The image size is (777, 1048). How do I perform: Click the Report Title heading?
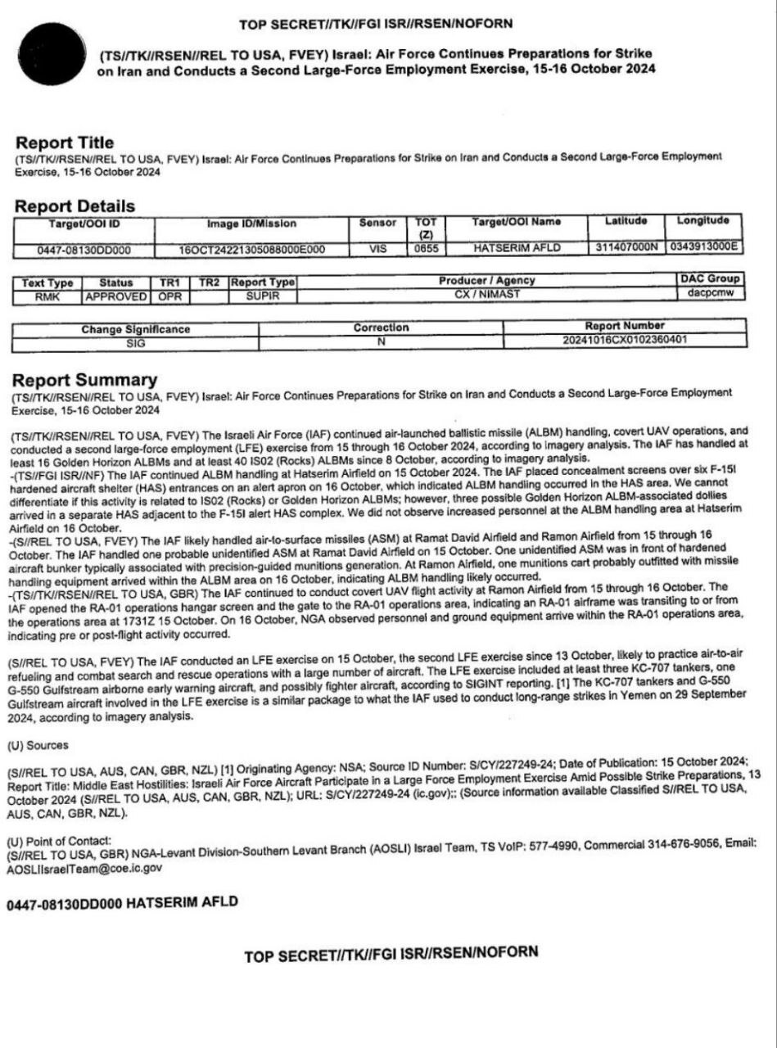coord(65,142)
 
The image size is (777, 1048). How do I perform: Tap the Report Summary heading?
coord(85,380)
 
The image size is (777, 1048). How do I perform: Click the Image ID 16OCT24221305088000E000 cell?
coord(252,249)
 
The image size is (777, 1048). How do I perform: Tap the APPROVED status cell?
coord(116,296)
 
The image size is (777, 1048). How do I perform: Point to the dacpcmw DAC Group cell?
coord(710,292)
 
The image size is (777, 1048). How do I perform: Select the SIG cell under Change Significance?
coord(136,343)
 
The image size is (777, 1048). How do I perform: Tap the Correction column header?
coord(381,327)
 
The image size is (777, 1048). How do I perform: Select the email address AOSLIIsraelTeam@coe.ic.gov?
coord(85,868)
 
